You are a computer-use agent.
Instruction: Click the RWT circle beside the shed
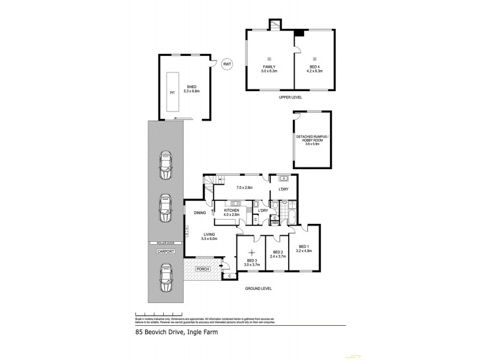pos(227,64)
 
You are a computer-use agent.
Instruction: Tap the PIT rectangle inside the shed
pos(173,92)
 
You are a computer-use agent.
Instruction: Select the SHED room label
pos(192,88)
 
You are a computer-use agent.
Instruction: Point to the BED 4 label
pos(315,67)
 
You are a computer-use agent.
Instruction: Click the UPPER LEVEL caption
pos(290,97)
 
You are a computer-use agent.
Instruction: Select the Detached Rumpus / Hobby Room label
pos(312,139)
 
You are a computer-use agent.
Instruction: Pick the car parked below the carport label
pos(165,280)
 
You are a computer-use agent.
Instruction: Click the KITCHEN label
pos(232,211)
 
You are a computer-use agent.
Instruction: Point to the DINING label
pos(200,213)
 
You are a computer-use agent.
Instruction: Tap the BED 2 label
pos(277,252)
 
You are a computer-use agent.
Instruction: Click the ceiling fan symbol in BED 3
pos(252,251)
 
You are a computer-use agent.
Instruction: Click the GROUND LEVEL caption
pos(258,289)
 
